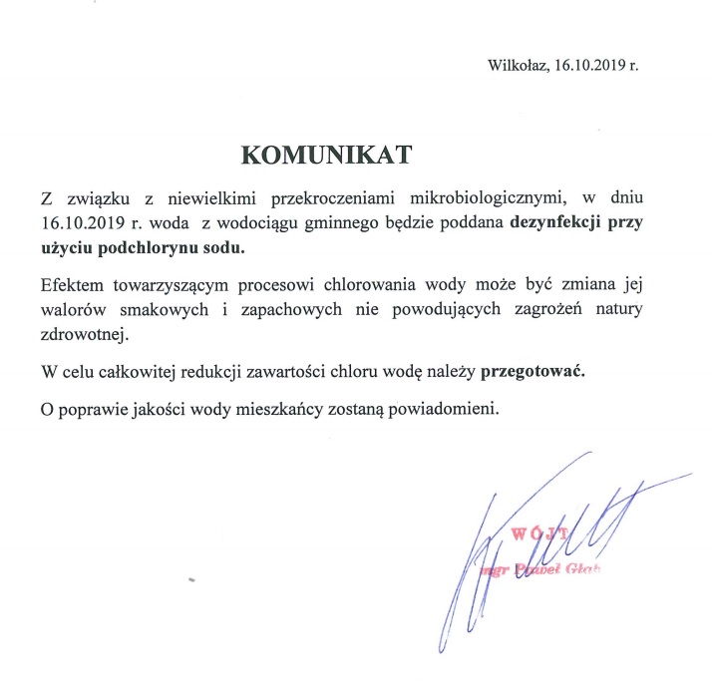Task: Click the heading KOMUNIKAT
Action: point(326,155)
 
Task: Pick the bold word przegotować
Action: point(534,374)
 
